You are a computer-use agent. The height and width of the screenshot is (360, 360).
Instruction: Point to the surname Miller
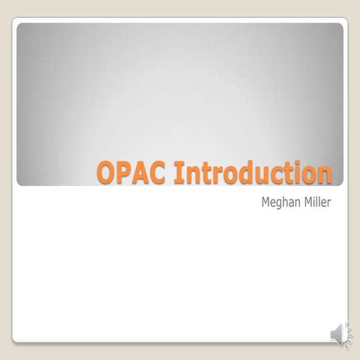[316, 202]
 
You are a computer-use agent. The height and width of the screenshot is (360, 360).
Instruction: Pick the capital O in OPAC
[106, 172]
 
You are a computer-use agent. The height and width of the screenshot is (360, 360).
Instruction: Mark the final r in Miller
[329, 203]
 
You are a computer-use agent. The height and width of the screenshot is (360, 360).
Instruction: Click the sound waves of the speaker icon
[346, 333]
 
